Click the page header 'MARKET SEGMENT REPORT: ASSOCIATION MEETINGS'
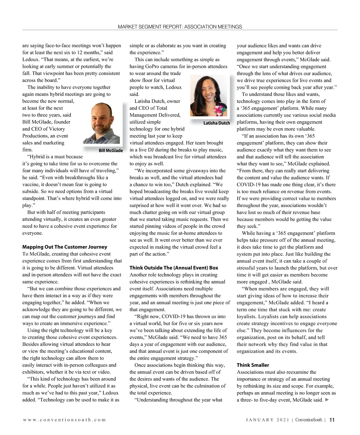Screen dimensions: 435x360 (x=180, y=27)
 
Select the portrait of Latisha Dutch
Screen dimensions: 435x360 (x=209, y=97)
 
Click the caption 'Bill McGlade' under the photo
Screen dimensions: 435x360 (x=111, y=151)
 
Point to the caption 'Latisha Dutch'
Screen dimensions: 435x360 (x=217, y=123)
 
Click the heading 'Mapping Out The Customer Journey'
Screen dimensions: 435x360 (x=64, y=247)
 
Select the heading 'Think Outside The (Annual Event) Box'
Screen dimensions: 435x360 (x=174, y=268)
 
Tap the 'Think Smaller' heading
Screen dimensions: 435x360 (x=253, y=365)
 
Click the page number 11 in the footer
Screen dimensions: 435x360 (x=332, y=420)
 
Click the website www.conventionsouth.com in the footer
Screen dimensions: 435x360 (x=64, y=420)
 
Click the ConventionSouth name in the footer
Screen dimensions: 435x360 (x=308, y=420)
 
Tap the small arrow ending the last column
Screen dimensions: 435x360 (x=327, y=400)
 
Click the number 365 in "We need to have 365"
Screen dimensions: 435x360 (x=223, y=337)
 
